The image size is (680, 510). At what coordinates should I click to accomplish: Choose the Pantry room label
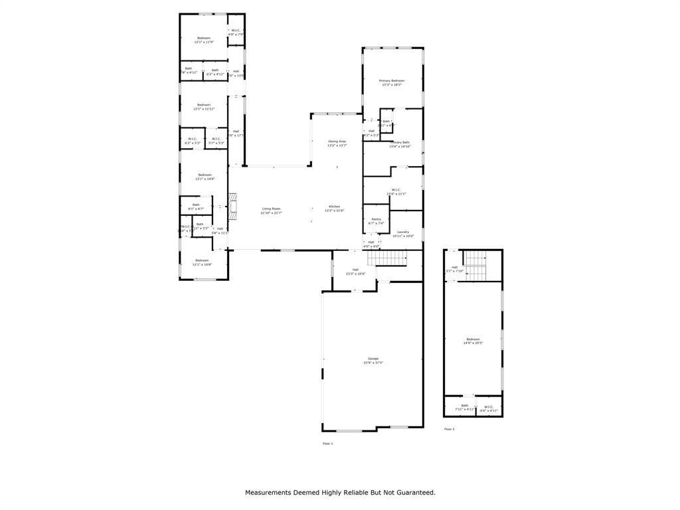[x=376, y=220]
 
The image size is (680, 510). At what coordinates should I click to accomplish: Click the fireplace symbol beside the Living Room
[x=232, y=206]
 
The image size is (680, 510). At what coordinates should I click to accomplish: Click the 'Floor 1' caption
[x=327, y=443]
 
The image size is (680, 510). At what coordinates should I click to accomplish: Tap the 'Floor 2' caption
[x=450, y=429]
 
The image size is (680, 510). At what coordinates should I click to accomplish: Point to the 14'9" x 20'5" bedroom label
[x=473, y=341]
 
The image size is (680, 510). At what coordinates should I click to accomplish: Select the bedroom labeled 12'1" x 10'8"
[x=201, y=262]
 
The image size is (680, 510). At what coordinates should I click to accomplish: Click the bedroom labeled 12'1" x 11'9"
[x=204, y=40]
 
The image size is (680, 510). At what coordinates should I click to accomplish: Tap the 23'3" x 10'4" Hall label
[x=355, y=272]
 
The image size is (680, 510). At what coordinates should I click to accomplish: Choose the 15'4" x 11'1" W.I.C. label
[x=396, y=192]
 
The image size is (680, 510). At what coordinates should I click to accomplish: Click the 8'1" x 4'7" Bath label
[x=196, y=207]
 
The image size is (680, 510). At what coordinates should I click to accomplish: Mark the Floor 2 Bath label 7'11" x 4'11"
[x=464, y=408]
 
